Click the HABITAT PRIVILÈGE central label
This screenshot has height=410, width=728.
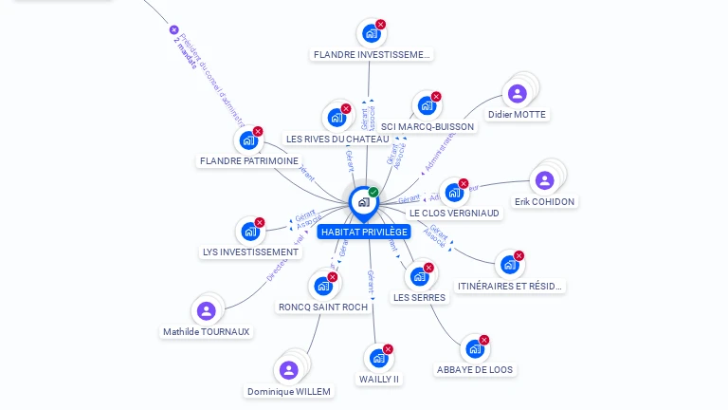(x=364, y=232)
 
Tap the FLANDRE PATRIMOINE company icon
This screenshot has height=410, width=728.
(x=248, y=140)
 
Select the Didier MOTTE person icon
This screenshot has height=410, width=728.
(x=517, y=93)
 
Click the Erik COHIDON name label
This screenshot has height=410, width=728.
(x=545, y=202)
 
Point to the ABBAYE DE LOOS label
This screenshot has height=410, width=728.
(x=475, y=369)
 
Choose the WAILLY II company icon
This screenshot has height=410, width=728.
(x=378, y=358)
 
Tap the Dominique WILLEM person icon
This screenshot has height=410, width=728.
(x=289, y=370)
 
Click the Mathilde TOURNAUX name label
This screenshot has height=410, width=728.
(x=207, y=332)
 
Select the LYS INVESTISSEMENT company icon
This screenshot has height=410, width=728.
(x=250, y=232)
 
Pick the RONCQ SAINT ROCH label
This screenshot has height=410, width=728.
(x=322, y=307)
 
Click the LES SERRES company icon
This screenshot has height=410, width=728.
(x=419, y=276)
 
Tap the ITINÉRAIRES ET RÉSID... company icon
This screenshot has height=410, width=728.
(x=509, y=264)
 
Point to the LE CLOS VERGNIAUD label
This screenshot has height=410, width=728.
(x=455, y=214)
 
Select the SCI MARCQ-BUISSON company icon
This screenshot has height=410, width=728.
(x=427, y=105)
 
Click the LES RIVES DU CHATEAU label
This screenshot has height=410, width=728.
(x=337, y=140)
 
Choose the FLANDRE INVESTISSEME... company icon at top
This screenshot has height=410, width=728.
(x=372, y=33)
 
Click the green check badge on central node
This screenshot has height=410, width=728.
(x=373, y=193)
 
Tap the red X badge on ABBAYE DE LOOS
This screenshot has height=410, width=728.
(x=484, y=340)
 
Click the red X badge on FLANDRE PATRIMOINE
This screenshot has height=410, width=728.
(x=258, y=131)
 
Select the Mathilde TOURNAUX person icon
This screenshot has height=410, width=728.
(x=207, y=310)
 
